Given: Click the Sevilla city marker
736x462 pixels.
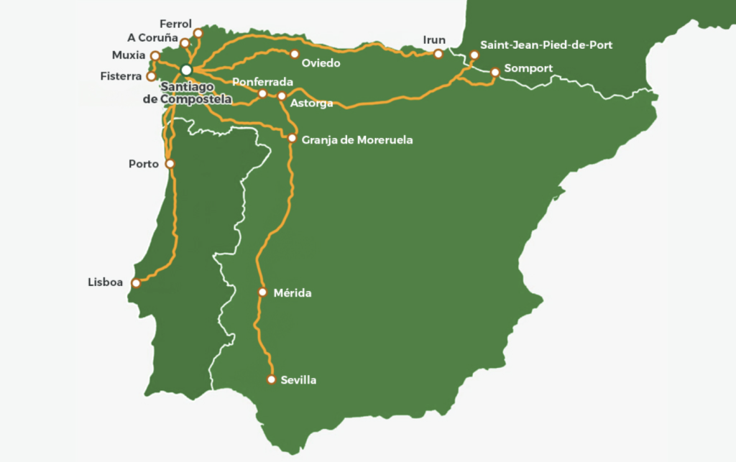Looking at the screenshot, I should (x=272, y=379).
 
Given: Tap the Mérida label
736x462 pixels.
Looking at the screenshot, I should (x=293, y=293).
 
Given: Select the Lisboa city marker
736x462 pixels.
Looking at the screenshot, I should (x=135, y=283).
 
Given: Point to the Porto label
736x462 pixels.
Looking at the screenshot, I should (x=144, y=164).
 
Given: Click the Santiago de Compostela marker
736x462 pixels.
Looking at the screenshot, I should (x=186, y=70).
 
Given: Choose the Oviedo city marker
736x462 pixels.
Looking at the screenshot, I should (x=294, y=53).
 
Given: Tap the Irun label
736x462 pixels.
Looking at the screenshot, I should (x=435, y=40).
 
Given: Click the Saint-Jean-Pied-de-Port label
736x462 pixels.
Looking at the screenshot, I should (x=546, y=45).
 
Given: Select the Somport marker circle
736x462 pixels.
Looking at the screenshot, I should (x=495, y=71).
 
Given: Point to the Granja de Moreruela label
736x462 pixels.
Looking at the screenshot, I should (x=357, y=140).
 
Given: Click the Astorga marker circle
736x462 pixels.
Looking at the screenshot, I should (x=281, y=96).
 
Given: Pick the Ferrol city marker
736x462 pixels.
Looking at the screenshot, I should (x=199, y=33).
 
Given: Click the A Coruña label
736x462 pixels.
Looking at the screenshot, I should (x=152, y=39).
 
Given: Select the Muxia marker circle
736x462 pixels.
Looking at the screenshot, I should (x=155, y=55).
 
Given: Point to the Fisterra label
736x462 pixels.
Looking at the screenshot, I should (x=122, y=76).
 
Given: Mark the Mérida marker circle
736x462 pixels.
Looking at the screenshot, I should (x=262, y=292).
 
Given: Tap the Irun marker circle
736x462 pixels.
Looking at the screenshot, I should (x=438, y=53).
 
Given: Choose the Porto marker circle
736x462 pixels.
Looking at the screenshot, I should (x=170, y=163).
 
